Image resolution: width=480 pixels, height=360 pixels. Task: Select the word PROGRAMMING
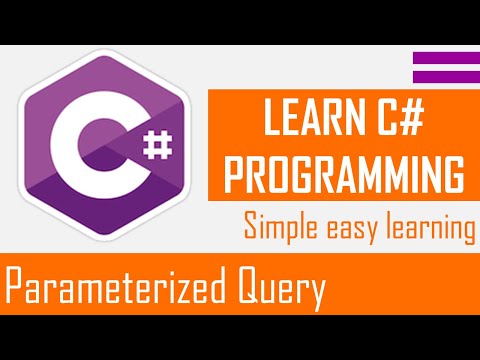pyautogui.click(x=343, y=172)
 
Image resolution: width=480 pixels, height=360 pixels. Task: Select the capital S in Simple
pyautogui.click(x=251, y=227)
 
